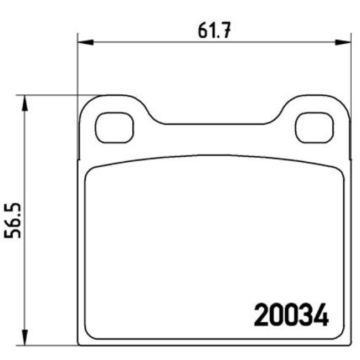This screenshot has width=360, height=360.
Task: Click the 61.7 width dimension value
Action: pos(214,30)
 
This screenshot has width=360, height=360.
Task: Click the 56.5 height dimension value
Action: pos(13,220)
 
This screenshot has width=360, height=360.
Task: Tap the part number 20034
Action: pos(291,315)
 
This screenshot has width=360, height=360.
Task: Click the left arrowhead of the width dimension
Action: pos(85,42)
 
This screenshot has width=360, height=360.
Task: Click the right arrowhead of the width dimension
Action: pos(343,42)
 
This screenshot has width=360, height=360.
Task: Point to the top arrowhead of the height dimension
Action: pos(24,103)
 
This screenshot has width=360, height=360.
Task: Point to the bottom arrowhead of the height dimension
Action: pos(24,337)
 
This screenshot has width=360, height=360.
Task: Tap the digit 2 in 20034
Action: pos(261,315)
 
